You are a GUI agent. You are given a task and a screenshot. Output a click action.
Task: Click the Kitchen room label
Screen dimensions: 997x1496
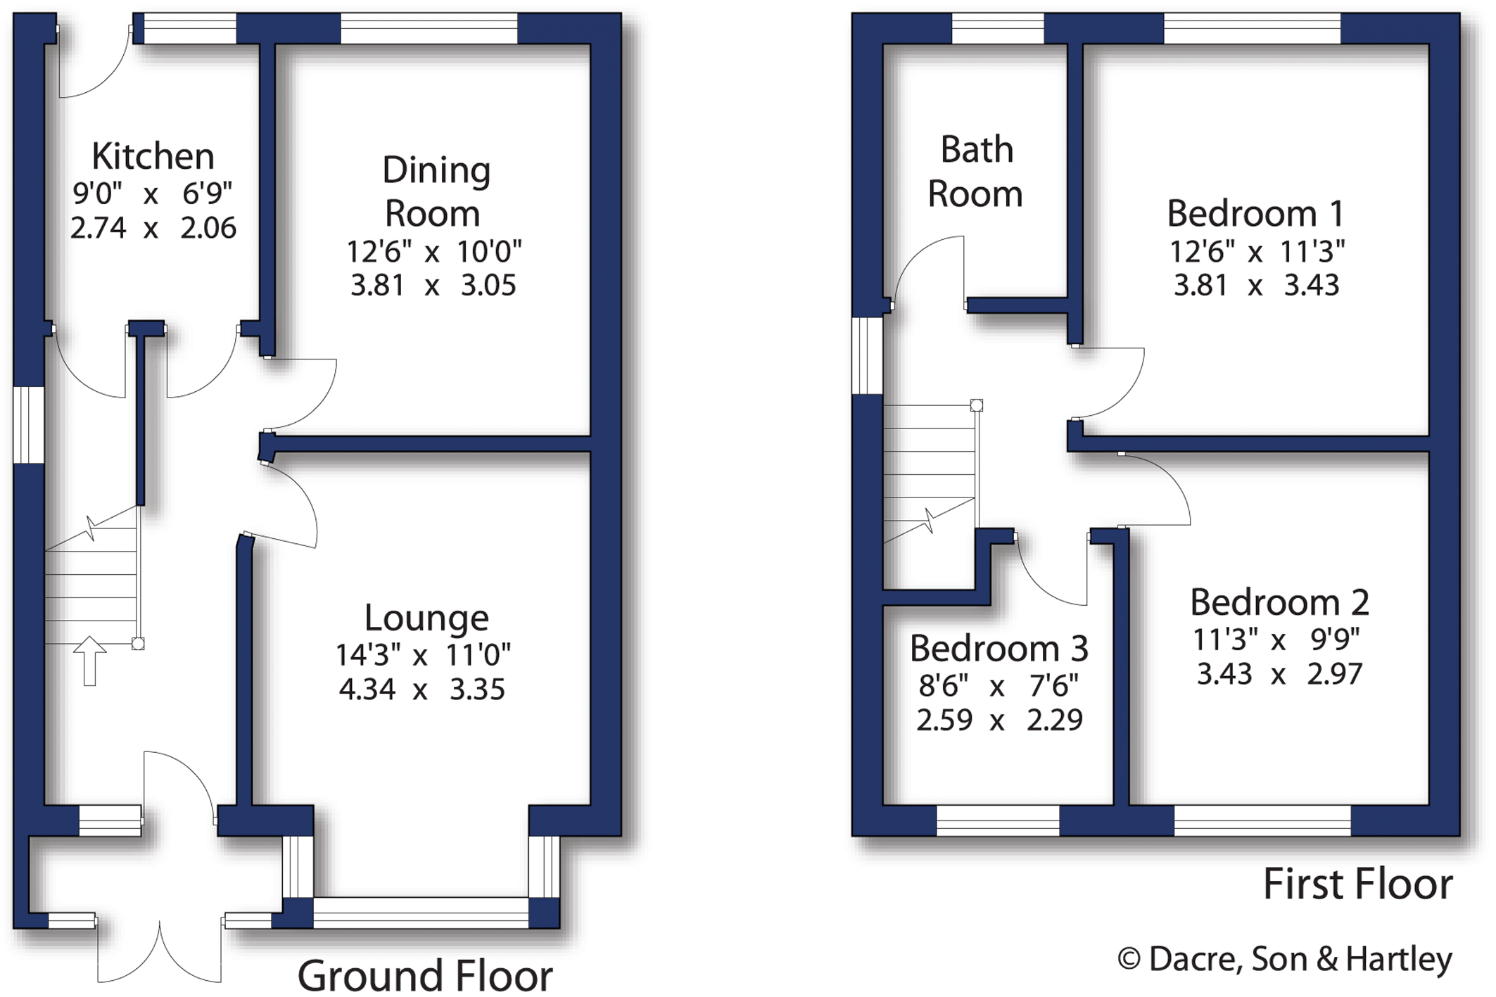(x=153, y=156)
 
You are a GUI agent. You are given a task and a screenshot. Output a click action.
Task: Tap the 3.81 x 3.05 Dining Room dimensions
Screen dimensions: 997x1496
(x=433, y=286)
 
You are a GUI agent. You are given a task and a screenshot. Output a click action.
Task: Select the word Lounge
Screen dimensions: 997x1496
(x=426, y=618)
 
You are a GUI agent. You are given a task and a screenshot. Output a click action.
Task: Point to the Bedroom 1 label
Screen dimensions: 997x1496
(x=1255, y=214)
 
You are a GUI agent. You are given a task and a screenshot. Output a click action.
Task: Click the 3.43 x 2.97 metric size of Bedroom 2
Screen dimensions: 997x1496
(x=1279, y=674)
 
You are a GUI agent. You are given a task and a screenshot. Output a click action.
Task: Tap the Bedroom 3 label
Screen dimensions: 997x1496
(x=999, y=649)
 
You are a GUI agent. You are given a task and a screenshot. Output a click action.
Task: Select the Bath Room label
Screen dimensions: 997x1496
(x=975, y=172)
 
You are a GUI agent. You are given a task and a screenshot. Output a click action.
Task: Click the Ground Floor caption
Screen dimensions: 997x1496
(x=425, y=975)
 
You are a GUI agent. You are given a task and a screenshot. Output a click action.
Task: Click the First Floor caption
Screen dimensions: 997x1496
(x=1357, y=884)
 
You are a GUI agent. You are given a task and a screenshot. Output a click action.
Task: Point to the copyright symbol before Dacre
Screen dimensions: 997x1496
(x=1129, y=959)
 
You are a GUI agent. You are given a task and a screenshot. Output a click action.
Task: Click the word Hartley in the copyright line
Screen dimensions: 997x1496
(x=1399, y=959)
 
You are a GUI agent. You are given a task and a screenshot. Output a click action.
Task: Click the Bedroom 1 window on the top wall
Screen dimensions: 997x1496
(x=1252, y=29)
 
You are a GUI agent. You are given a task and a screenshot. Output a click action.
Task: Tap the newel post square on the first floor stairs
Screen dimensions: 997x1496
(x=976, y=405)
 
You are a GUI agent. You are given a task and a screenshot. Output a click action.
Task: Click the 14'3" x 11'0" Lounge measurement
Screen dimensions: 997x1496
(x=422, y=656)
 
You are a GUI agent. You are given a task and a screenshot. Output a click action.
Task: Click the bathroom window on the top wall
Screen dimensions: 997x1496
(x=997, y=29)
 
